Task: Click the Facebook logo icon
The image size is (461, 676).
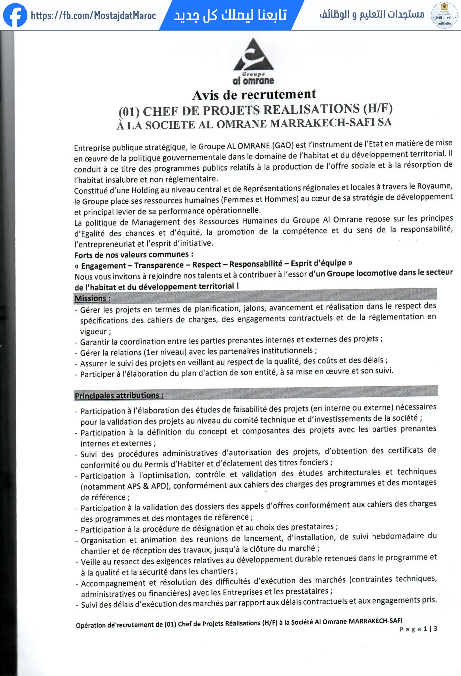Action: [x=15, y=15]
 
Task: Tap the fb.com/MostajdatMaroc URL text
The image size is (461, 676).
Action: [x=93, y=15]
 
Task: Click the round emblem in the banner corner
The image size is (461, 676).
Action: [x=444, y=15]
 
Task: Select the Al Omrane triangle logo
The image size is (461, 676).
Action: [x=253, y=55]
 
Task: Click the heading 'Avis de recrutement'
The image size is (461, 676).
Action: [x=254, y=95]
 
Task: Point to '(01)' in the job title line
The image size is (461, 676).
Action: [x=129, y=111]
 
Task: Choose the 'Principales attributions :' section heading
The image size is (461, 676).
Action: [x=119, y=395]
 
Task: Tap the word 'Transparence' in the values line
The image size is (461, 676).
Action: [x=159, y=265]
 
